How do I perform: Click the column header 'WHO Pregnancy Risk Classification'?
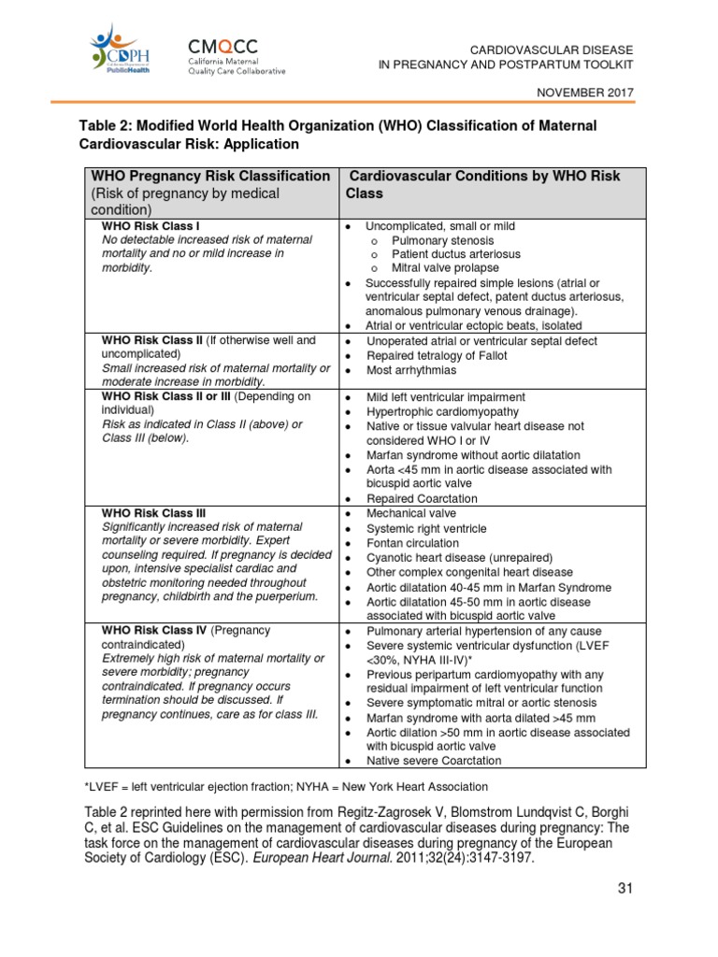[209, 176]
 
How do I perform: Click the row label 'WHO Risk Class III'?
[153, 513]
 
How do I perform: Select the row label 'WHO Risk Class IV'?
[153, 631]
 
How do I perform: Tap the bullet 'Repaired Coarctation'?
[422, 499]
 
